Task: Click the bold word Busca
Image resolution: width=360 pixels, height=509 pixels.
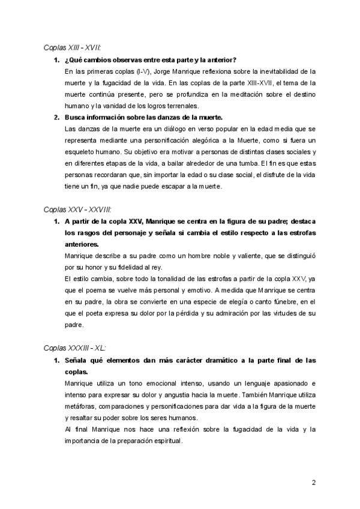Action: (76, 117)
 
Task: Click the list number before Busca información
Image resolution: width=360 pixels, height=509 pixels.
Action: (56, 117)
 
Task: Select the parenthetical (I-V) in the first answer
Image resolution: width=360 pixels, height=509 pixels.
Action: (141, 71)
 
